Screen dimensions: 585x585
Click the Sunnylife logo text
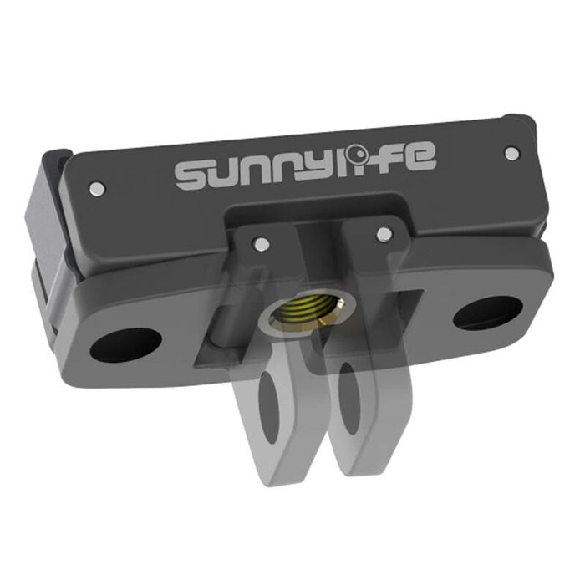pos(304,168)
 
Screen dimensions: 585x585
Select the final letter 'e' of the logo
pos(418,159)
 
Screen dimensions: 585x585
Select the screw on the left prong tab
pos(261,244)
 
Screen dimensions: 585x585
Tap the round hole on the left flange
pos(125,344)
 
